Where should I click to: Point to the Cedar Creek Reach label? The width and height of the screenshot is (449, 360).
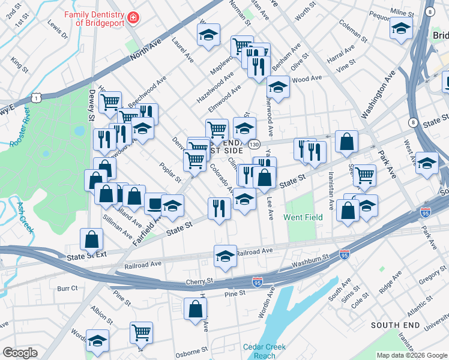click(x=264, y=351)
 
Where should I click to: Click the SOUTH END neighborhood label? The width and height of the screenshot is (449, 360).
click(x=394, y=325)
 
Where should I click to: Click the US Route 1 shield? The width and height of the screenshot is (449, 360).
click(x=37, y=97)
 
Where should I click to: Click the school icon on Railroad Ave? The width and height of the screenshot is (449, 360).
click(x=225, y=256)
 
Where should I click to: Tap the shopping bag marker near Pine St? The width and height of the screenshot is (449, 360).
click(x=196, y=309)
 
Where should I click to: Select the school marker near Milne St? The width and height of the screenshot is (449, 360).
click(x=401, y=28)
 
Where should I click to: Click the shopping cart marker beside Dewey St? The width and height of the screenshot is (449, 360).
click(x=110, y=102)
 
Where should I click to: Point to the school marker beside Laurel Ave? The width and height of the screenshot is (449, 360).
click(x=208, y=35)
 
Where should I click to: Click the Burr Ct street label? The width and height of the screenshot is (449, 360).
click(x=67, y=289)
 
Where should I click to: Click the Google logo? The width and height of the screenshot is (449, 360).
click(x=20, y=353)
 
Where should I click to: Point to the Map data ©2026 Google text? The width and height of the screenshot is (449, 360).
click(x=411, y=355)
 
